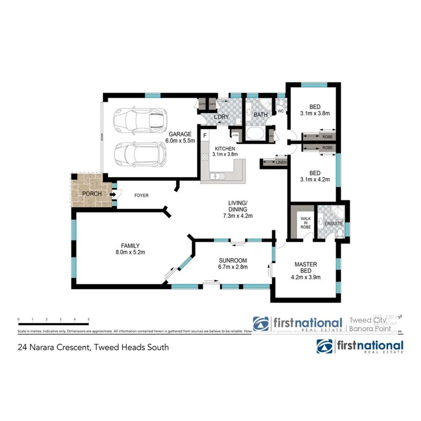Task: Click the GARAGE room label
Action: click(x=180, y=133)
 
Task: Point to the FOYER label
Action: click(x=141, y=195)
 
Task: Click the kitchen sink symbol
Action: click(x=218, y=176)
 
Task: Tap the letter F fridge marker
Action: click(x=204, y=136)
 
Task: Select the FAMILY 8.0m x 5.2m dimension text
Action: click(x=130, y=253)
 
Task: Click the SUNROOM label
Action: click(x=233, y=261)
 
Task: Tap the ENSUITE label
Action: click(x=334, y=224)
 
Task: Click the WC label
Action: click(x=281, y=111)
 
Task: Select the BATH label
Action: click(x=260, y=115)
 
